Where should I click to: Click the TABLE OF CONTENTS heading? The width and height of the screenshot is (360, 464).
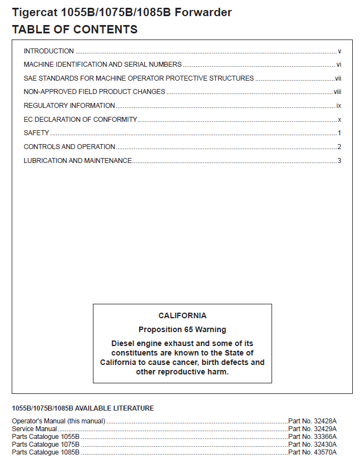pyautogui.click(x=75, y=29)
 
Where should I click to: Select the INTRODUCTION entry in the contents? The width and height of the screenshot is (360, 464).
pyautogui.click(x=49, y=51)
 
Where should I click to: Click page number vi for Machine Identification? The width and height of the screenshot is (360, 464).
pyautogui.click(x=338, y=65)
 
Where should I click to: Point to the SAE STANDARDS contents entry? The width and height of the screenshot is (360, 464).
pyautogui.click(x=139, y=78)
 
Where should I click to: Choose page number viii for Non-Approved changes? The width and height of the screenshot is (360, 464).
pyautogui.click(x=337, y=92)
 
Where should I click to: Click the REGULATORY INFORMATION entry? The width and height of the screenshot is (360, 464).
pyautogui.click(x=70, y=106)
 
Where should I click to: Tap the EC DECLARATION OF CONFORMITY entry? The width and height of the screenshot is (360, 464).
pyautogui.click(x=81, y=120)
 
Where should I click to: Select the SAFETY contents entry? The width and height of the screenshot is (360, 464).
pyautogui.click(x=36, y=133)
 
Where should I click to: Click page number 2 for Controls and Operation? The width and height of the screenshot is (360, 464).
pyautogui.click(x=339, y=147)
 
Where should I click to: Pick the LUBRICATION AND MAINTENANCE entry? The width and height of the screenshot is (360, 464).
pyautogui.click(x=78, y=161)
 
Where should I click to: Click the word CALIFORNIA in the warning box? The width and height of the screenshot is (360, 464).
pyautogui.click(x=183, y=315)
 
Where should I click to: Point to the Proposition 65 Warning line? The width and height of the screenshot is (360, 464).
pyautogui.click(x=183, y=329)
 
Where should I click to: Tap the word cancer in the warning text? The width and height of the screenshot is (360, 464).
pyautogui.click(x=190, y=362)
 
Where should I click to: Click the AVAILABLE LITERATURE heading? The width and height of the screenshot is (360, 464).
pyautogui.click(x=83, y=408)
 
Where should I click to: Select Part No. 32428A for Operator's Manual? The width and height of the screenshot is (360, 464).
pyautogui.click(x=312, y=421)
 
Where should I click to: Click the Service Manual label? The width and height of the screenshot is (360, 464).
pyautogui.click(x=34, y=429)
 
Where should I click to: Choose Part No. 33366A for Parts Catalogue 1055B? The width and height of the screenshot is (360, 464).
pyautogui.click(x=312, y=437)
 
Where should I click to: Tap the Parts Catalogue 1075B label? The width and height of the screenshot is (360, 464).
pyautogui.click(x=46, y=445)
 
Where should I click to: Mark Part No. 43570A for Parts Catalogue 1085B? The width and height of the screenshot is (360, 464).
pyautogui.click(x=312, y=452)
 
